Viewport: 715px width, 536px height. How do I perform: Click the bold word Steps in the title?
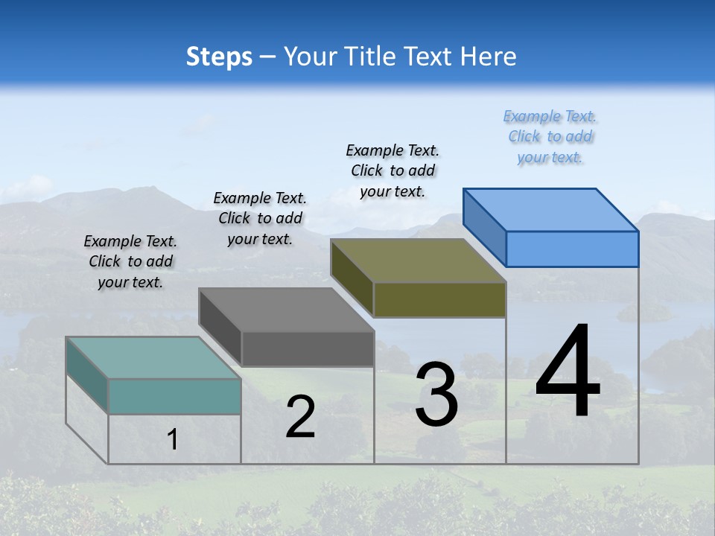tap(219, 57)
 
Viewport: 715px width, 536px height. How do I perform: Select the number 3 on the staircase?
tap(436, 395)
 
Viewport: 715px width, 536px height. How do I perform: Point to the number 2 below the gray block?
tap(301, 417)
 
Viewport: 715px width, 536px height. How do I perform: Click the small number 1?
tap(173, 440)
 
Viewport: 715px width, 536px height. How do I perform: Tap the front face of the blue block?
tap(572, 249)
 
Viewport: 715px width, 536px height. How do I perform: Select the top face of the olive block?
tap(419, 261)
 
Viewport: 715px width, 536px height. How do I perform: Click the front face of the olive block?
tap(439, 299)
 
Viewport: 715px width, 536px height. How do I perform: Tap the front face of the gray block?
tap(308, 348)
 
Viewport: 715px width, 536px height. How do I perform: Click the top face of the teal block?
tap(153, 358)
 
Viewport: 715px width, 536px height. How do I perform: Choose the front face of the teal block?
tap(174, 396)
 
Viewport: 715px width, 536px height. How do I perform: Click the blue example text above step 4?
tap(550, 137)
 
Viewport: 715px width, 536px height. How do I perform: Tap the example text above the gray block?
tap(260, 218)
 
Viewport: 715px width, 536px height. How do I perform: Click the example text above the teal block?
tap(130, 261)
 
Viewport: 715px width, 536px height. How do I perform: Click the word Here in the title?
tap(489, 57)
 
